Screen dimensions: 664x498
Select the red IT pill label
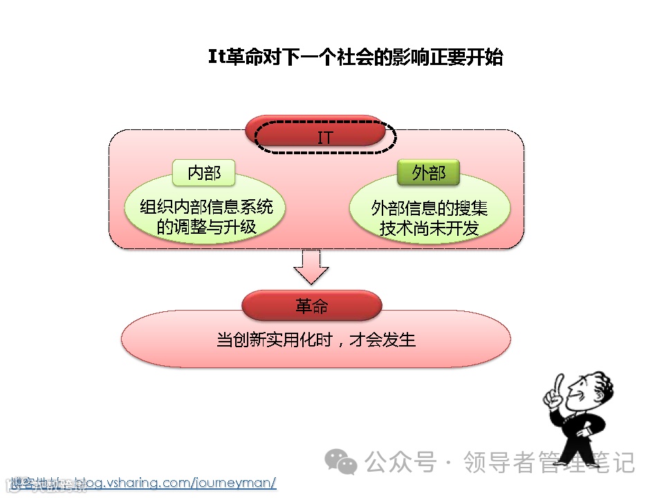[x=324, y=137]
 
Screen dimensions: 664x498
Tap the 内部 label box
[x=204, y=172]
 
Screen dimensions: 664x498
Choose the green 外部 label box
[x=428, y=172]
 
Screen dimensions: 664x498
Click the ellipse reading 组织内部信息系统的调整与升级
[x=205, y=216]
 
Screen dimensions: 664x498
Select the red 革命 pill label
[x=311, y=306]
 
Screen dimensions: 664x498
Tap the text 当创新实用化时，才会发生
[x=315, y=340]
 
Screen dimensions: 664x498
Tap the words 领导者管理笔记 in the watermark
[x=548, y=461]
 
